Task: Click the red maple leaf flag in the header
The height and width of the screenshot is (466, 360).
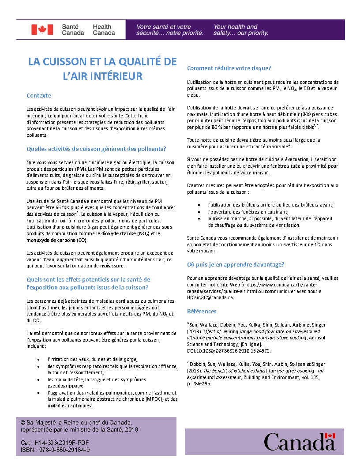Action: tap(42, 30)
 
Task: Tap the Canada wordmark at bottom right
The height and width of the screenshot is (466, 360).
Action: tap(300, 441)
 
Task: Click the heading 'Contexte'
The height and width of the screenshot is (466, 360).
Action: tap(39, 95)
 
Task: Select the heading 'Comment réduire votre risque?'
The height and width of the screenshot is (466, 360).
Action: tap(229, 68)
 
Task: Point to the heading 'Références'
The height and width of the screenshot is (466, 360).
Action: tap(202, 311)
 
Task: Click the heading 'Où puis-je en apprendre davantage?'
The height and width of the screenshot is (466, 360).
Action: tap(236, 264)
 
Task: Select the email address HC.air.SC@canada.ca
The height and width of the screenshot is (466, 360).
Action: tap(210, 297)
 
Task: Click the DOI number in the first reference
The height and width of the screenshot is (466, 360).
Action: tap(229, 350)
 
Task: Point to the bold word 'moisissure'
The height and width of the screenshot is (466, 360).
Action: tap(112, 266)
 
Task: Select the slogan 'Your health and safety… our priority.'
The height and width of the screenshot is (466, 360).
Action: tap(240, 30)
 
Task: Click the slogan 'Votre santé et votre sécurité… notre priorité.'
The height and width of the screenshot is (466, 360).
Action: tap(169, 30)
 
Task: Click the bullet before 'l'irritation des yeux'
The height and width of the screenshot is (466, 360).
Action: tap(40, 360)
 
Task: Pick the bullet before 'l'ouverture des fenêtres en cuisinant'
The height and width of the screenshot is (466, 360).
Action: tap(199, 212)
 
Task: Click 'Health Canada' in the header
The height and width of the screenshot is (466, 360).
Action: tap(104, 30)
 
